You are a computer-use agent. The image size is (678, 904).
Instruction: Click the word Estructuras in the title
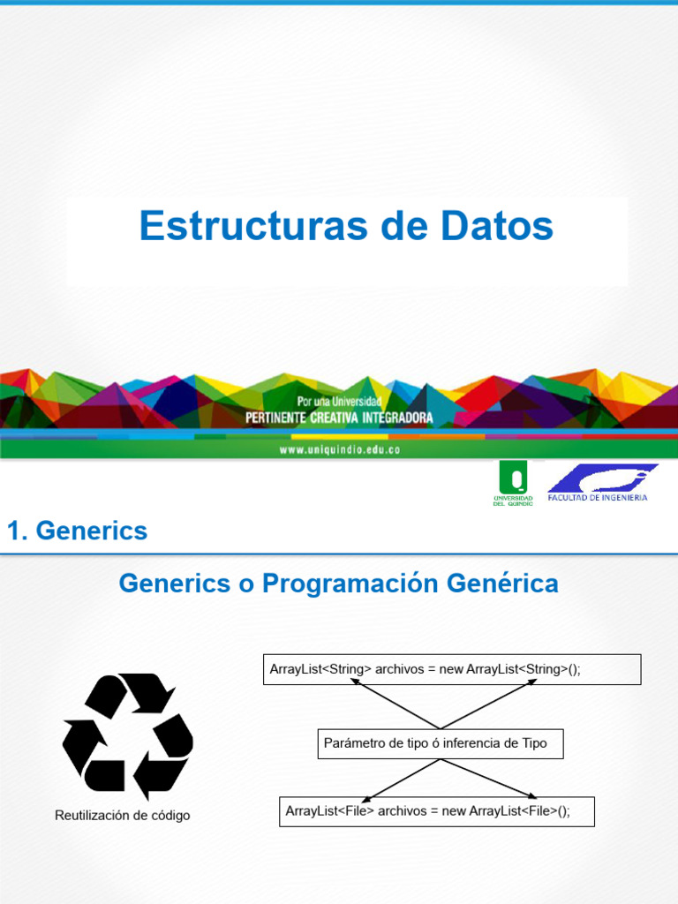coord(253,225)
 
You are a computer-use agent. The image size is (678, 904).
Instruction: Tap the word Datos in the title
coord(497,225)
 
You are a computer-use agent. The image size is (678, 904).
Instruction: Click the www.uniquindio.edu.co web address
coord(340,449)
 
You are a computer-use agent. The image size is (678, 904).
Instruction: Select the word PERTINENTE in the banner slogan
coord(275,418)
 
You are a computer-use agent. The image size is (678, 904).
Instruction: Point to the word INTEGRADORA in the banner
coord(397,418)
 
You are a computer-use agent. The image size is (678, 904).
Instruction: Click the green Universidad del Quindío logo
coord(513,483)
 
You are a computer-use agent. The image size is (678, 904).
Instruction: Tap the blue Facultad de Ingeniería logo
coord(601,483)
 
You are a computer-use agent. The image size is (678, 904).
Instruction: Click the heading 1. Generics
coord(78,531)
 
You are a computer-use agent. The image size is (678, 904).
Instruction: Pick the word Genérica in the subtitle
coord(502,583)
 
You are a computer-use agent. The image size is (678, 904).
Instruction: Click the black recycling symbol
coord(127,736)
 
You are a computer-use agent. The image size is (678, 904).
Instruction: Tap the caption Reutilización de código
coord(122,815)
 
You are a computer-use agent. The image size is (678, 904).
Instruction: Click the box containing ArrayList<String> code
coord(452,669)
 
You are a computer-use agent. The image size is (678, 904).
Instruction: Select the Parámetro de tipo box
coord(441,743)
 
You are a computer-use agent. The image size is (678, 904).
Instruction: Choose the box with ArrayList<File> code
coord(436,811)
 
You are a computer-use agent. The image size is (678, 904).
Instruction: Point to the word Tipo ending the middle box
coord(534,743)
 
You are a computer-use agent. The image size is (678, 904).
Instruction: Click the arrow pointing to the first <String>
coord(395,704)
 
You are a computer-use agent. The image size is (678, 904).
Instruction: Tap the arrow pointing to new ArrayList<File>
coord(489,779)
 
